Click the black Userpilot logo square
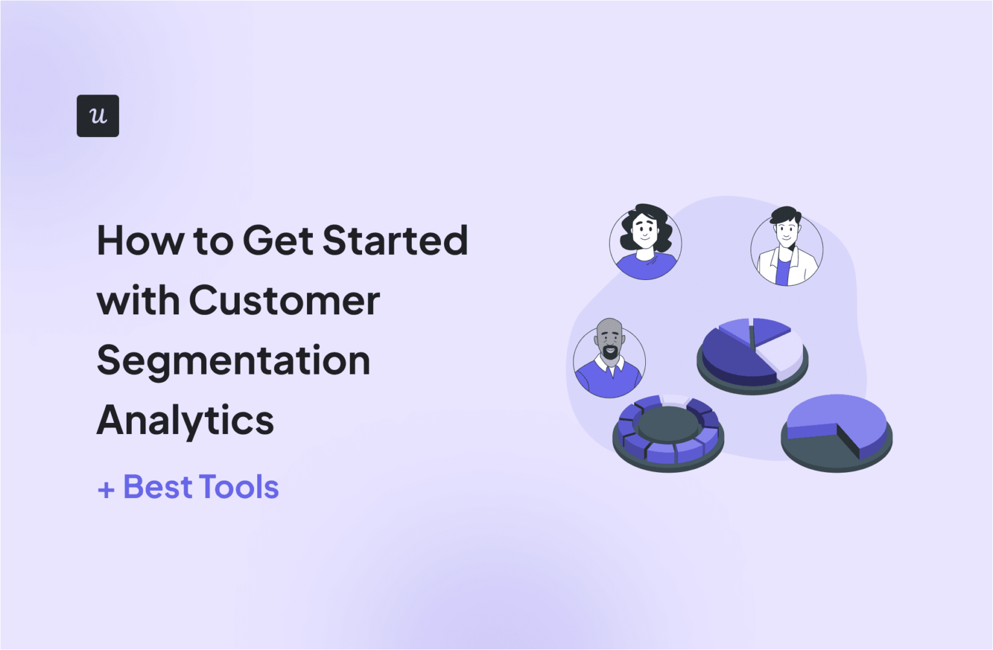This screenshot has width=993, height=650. [x=98, y=116]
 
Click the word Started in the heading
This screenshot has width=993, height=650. [x=395, y=241]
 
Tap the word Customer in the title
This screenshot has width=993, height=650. [x=284, y=301]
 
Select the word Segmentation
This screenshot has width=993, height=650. [x=233, y=360]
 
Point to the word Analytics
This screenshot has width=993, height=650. [x=186, y=420]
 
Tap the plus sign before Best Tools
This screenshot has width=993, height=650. [x=106, y=490]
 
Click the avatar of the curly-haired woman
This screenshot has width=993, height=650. [x=645, y=243]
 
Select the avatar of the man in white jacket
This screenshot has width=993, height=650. [x=786, y=248]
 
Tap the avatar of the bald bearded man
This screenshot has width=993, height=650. [x=609, y=360]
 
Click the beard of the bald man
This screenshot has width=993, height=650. [x=610, y=353]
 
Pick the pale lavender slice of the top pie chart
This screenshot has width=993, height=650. [x=782, y=352]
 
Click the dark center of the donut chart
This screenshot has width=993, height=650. [x=668, y=424]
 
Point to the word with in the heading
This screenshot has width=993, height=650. [x=138, y=301]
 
